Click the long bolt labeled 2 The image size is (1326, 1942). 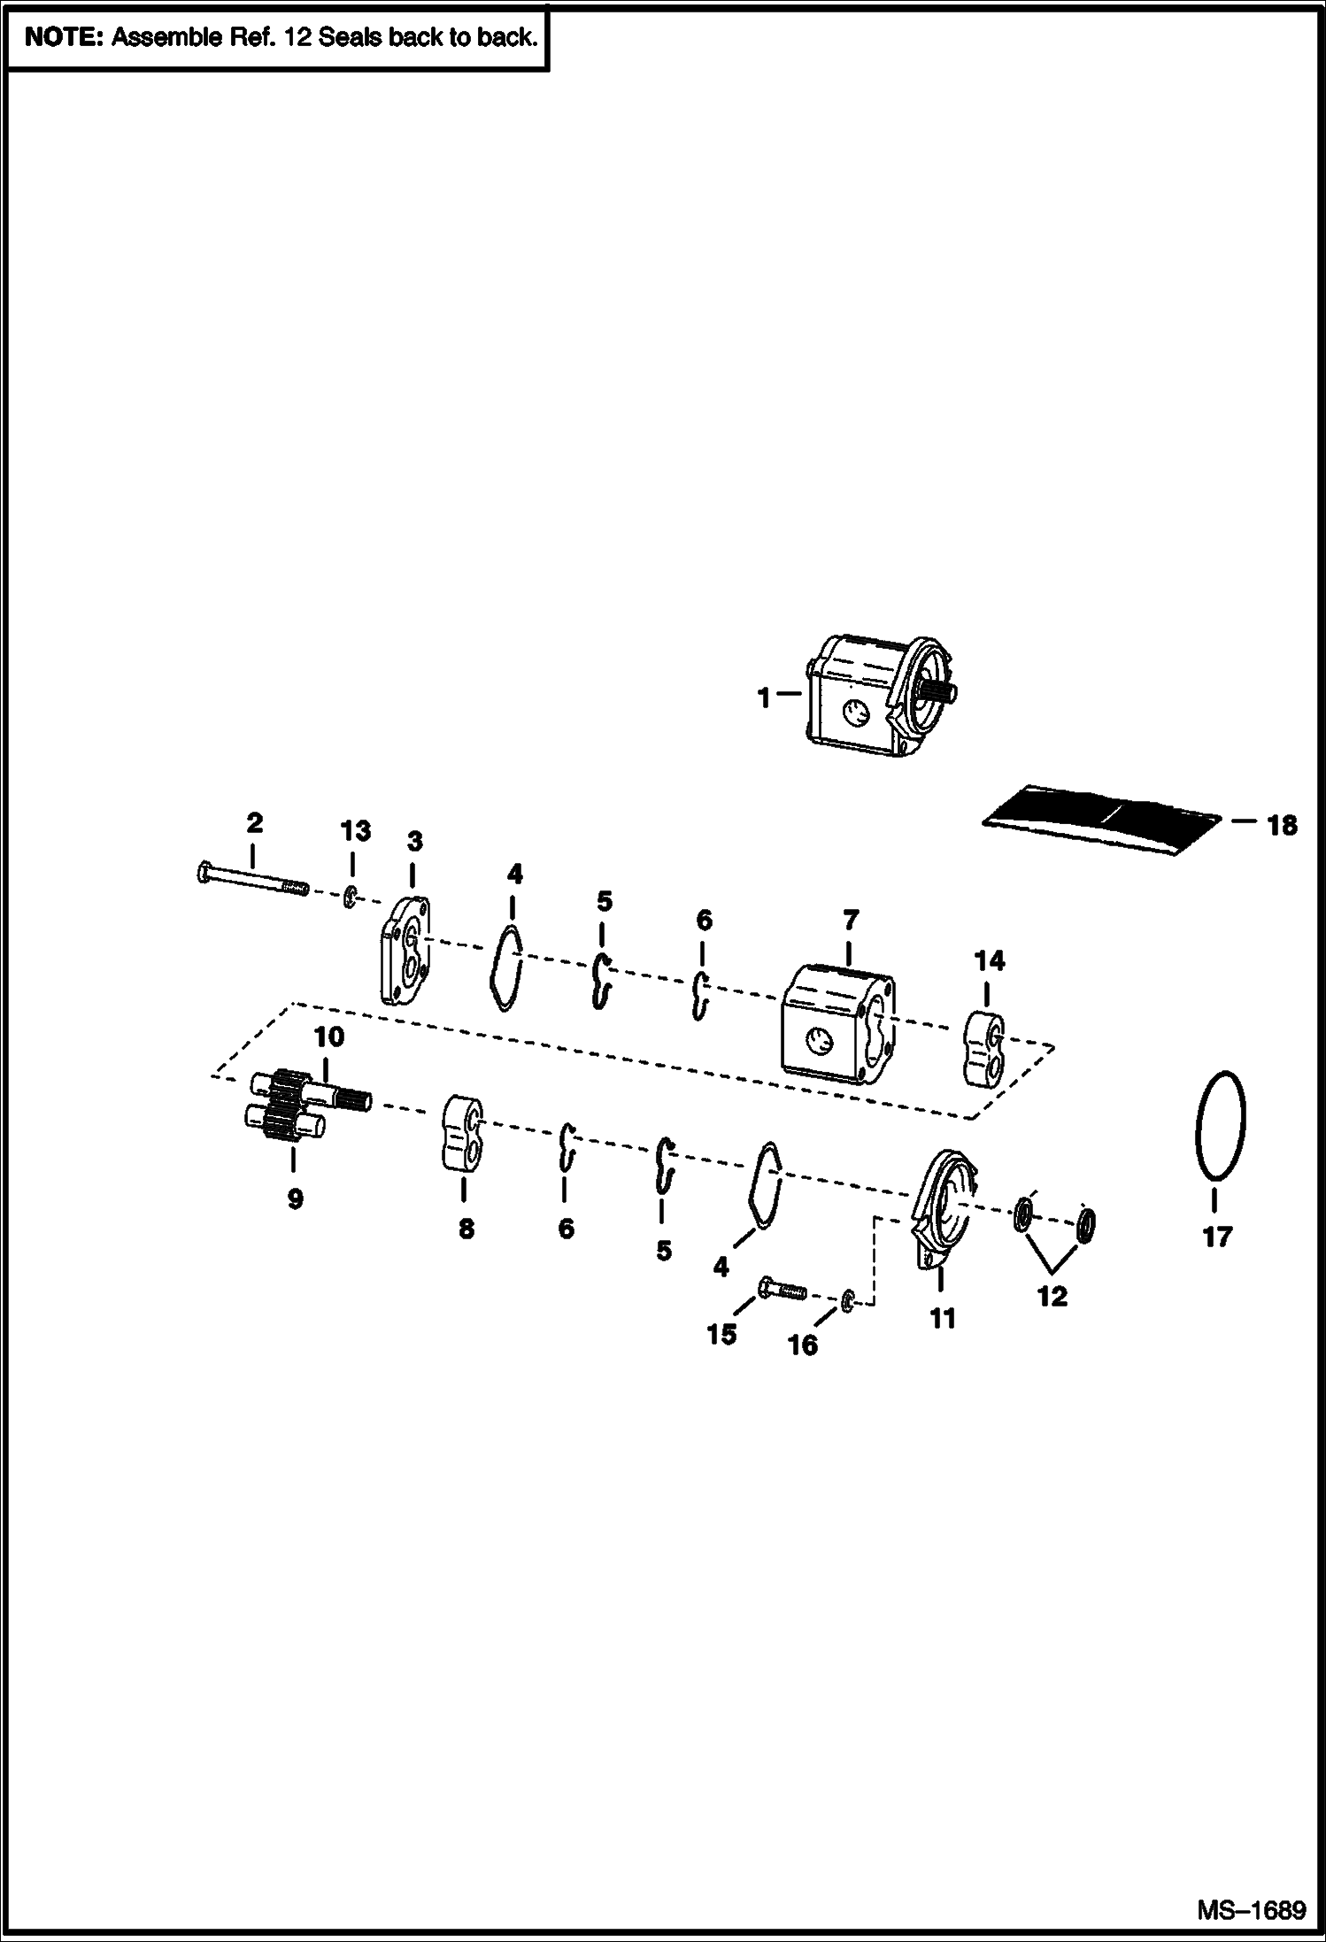click(251, 880)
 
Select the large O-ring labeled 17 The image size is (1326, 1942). click(1220, 1123)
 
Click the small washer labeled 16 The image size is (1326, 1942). click(847, 1302)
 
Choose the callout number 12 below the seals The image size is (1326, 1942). click(1052, 1297)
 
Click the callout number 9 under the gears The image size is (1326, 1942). click(295, 1198)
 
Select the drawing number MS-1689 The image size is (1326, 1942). click(1252, 1910)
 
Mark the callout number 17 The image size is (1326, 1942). click(1218, 1237)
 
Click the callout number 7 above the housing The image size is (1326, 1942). click(850, 921)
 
